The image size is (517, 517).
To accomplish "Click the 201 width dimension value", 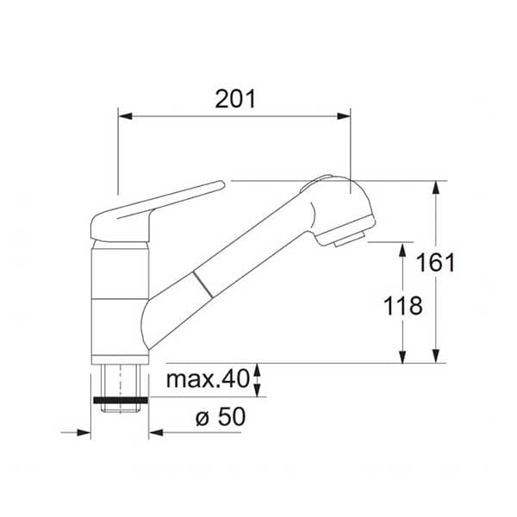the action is pos(235,99).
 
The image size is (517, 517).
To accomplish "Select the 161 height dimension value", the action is pos(435,263).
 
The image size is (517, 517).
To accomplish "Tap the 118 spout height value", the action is pos(403,306).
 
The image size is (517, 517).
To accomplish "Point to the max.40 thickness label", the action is pos(208,379).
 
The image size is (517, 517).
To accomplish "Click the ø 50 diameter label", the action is pos(221,416).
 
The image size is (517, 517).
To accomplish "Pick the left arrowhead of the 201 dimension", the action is pos(125,116).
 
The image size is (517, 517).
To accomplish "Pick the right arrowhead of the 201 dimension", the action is pos(343,116).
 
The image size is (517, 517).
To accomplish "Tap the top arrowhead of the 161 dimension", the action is pos(436,188).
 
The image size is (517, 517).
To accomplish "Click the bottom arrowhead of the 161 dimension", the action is pos(436,356).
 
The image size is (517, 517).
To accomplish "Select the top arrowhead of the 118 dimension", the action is pos(402,250).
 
